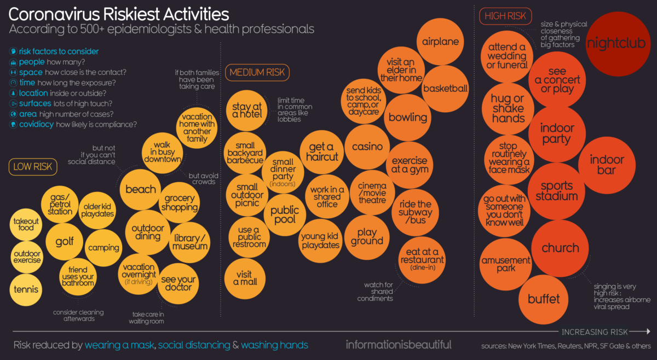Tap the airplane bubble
click(x=441, y=42)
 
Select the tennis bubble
click(x=27, y=289)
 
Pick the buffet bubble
click(x=544, y=299)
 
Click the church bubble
click(x=560, y=248)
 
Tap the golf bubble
click(x=65, y=241)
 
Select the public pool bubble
click(x=285, y=214)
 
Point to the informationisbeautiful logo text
click(x=399, y=345)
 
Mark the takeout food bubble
click(x=26, y=224)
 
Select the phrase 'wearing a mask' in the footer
click(x=119, y=345)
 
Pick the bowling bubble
click(x=408, y=117)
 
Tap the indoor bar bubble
click(x=607, y=165)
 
